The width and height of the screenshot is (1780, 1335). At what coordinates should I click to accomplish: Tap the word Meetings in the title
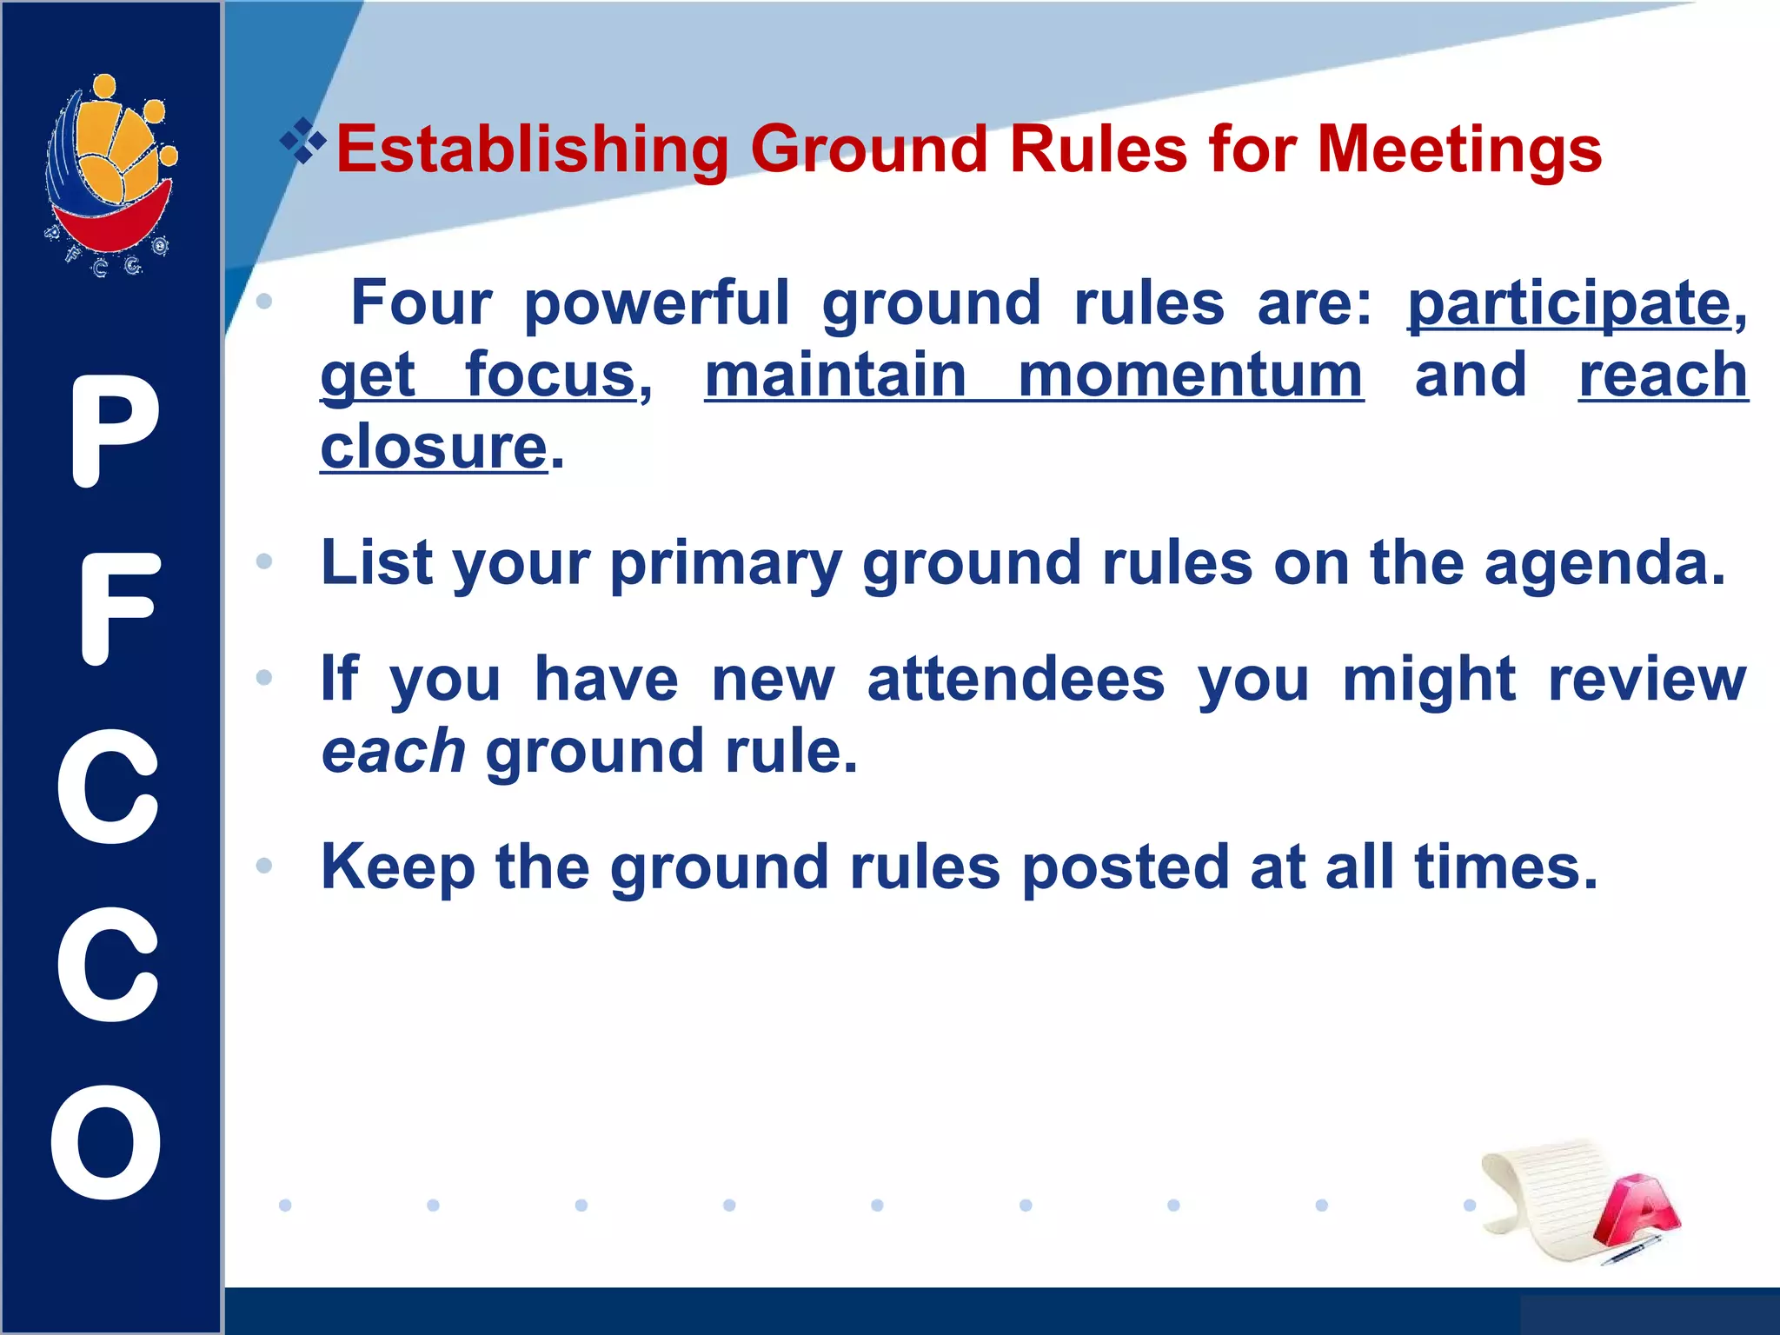click(1459, 150)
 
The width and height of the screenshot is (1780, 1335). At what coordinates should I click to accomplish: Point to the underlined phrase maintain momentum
click(1033, 375)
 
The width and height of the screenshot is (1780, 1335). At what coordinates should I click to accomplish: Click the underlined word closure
click(434, 448)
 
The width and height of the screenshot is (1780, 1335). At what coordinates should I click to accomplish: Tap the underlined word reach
click(1663, 375)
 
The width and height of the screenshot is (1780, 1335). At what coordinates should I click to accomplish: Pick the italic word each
click(393, 753)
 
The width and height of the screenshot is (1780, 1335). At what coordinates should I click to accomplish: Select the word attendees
click(1015, 680)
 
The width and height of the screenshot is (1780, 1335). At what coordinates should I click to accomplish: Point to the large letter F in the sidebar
click(118, 609)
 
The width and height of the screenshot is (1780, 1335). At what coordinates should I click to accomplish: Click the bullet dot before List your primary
click(264, 562)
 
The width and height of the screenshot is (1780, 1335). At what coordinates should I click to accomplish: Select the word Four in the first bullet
click(422, 304)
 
